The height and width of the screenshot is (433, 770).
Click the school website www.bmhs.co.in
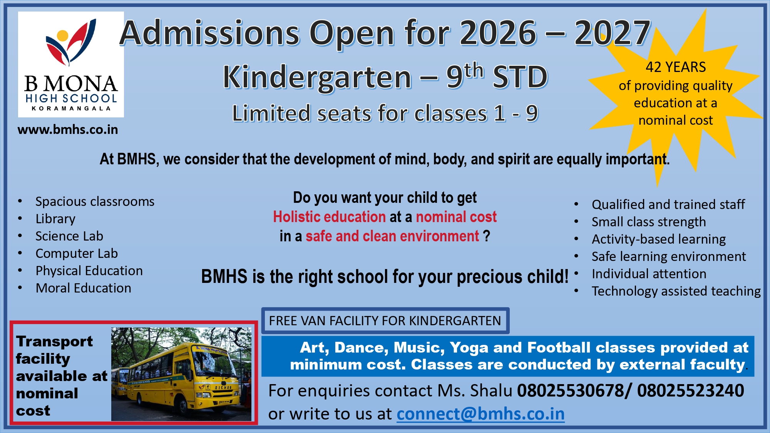pyautogui.click(x=68, y=130)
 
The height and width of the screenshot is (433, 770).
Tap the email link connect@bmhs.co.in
pyautogui.click(x=480, y=414)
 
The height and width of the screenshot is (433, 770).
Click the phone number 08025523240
pyautogui.click(x=691, y=391)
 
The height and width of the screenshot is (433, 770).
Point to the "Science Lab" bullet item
pyautogui.click(x=69, y=236)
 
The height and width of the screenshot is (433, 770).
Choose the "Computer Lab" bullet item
pyautogui.click(x=77, y=253)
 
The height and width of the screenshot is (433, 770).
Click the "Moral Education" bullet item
pyautogui.click(x=84, y=288)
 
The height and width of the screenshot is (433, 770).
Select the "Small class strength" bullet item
pyautogui.click(x=649, y=222)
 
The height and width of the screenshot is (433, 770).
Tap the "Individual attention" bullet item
pyautogui.click(x=649, y=274)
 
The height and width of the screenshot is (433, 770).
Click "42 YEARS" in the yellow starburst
pyautogui.click(x=676, y=67)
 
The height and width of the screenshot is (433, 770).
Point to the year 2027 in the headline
pyautogui.click(x=613, y=33)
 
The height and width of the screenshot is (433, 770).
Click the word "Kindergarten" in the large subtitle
pyautogui.click(x=317, y=77)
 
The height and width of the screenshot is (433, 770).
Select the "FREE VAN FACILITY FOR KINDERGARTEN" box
pyautogui.click(x=385, y=321)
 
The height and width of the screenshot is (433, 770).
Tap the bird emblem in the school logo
pyautogui.click(x=71, y=42)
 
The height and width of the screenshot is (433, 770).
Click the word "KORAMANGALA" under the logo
pyautogui.click(x=71, y=109)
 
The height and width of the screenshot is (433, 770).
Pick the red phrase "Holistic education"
pyautogui.click(x=330, y=217)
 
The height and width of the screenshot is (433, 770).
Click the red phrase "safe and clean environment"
pyautogui.click(x=392, y=236)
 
